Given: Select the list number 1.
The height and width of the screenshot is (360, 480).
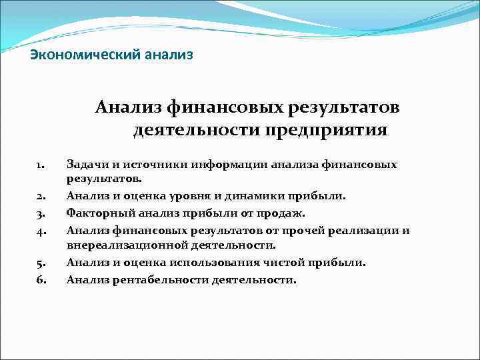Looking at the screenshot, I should [40, 164].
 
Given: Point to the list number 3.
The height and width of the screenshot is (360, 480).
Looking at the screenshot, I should [40, 214].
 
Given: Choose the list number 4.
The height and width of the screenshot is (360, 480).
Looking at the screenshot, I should [40, 231].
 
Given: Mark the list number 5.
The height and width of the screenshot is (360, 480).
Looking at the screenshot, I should [40, 263].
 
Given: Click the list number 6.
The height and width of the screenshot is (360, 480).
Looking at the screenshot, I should [40, 280].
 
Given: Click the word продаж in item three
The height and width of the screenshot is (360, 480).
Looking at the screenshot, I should [285, 213].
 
